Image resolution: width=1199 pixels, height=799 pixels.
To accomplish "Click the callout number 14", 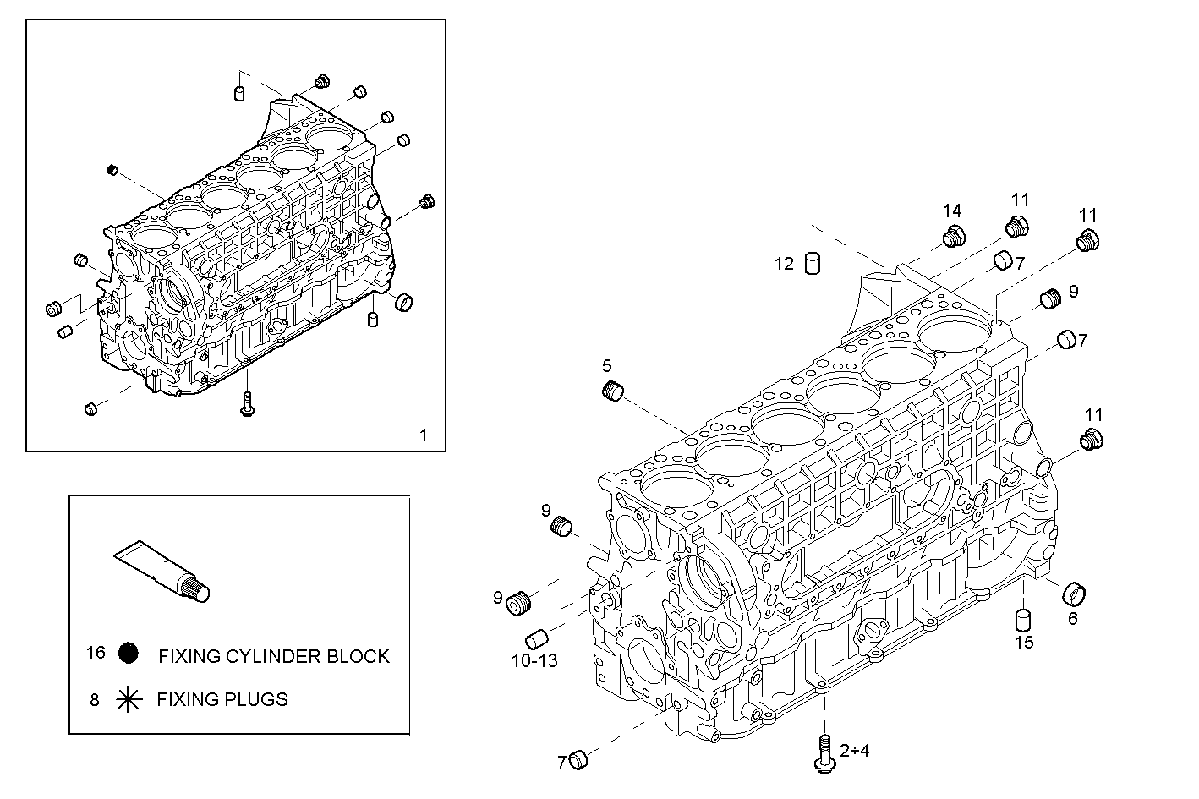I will click(953, 211).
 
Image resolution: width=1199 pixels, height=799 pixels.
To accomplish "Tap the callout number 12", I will click(785, 264).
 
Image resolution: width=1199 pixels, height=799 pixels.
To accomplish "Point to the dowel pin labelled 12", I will click(813, 263).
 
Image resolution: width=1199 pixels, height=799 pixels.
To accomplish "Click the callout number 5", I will click(607, 366).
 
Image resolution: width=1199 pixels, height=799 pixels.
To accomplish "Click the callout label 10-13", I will click(534, 660).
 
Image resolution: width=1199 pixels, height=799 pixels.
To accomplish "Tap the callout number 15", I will click(1024, 642).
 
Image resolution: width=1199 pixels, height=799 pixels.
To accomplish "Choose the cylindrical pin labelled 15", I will click(1023, 620).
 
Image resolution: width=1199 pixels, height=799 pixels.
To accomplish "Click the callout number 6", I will click(1073, 618).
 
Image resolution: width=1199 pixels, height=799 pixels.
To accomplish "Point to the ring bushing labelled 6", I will click(1074, 594).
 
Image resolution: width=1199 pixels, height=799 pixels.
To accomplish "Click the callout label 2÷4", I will click(855, 750).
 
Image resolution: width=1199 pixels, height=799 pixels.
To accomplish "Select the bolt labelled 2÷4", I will click(824, 752).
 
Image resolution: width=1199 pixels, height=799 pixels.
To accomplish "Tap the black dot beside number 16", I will click(129, 654).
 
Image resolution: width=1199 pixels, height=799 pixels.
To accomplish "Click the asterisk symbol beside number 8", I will click(129, 699).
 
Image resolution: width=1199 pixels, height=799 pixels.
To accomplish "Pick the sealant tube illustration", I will click(163, 572).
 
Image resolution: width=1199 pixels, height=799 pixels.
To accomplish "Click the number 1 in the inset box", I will click(424, 435).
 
